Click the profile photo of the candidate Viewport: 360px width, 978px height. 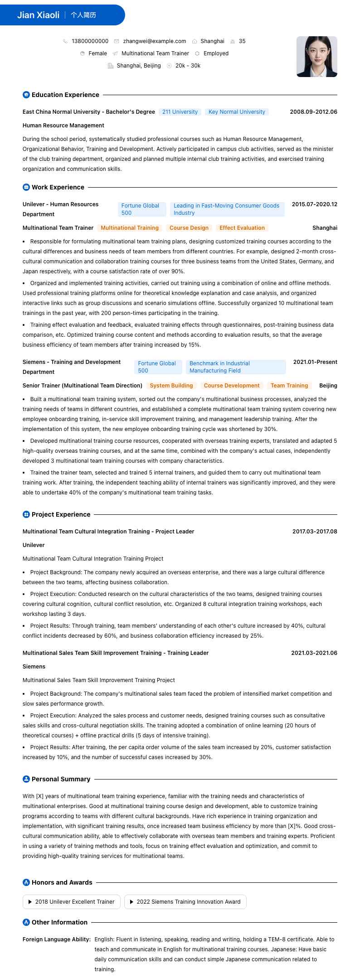click(x=316, y=57)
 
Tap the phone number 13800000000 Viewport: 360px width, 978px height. click(x=90, y=41)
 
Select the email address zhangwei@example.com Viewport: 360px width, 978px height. click(x=154, y=41)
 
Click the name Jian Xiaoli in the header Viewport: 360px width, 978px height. click(x=39, y=15)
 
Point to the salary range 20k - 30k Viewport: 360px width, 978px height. click(x=188, y=66)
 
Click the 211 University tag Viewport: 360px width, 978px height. click(x=180, y=112)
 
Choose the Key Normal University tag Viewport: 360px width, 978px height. click(x=237, y=112)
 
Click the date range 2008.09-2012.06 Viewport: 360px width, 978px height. click(x=313, y=112)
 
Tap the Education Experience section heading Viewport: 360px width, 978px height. click(x=65, y=95)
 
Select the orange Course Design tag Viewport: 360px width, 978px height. click(x=189, y=228)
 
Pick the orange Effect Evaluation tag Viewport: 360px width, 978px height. click(x=242, y=228)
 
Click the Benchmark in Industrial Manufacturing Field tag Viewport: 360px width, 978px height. click(x=234, y=367)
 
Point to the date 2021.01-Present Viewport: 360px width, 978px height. click(x=315, y=362)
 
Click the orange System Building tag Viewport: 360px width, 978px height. click(x=171, y=386)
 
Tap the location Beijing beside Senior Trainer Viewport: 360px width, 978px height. click(x=328, y=386)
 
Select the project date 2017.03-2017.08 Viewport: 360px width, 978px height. click(x=315, y=532)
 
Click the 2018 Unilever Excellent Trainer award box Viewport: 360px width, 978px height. click(x=72, y=902)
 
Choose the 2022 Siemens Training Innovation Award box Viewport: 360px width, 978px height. click(x=185, y=902)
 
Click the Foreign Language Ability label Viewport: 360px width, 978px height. click(x=57, y=939)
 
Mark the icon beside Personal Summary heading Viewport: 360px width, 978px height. click(x=26, y=779)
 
